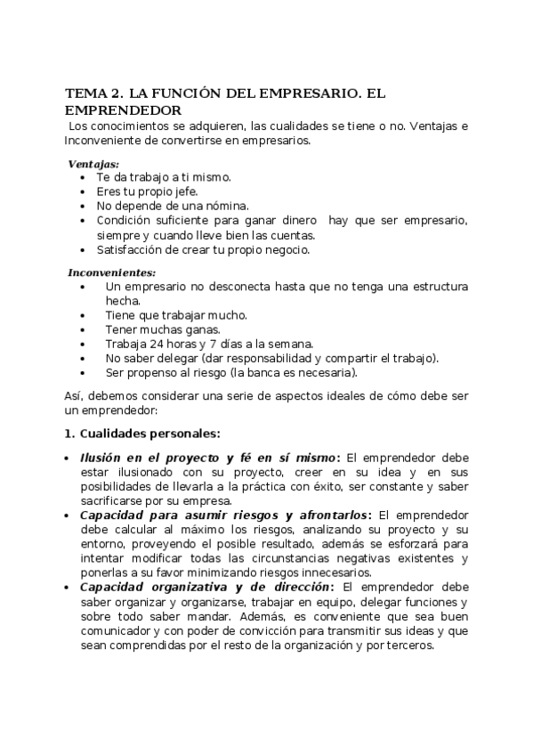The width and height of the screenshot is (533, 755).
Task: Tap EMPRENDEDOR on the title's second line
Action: [124, 110]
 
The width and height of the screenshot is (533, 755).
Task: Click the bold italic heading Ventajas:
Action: [93, 164]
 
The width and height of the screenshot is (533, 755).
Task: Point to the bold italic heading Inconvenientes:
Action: [112, 272]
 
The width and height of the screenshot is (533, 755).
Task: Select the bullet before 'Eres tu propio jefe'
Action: [83, 191]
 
